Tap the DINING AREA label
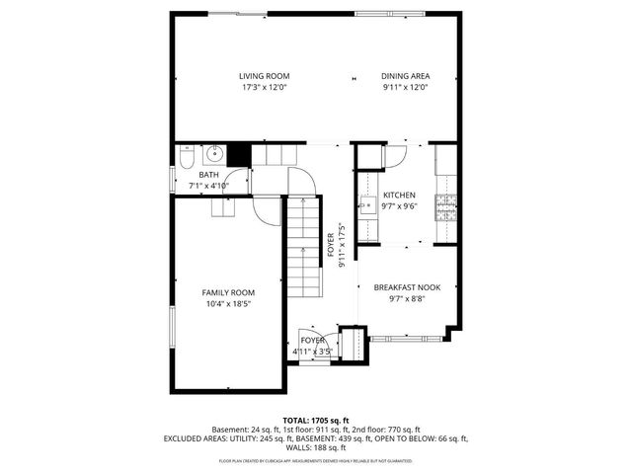click(x=405, y=76)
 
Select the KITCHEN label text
click(x=399, y=196)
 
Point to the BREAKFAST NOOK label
click(x=406, y=287)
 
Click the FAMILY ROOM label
click(x=228, y=292)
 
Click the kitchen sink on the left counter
click(x=366, y=205)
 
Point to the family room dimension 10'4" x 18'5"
click(x=228, y=304)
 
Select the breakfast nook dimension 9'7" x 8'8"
click(x=406, y=298)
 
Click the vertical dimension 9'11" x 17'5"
click(x=342, y=245)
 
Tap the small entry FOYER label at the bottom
click(x=313, y=340)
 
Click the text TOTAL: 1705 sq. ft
click(x=316, y=421)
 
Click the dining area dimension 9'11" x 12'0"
click(x=405, y=87)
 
